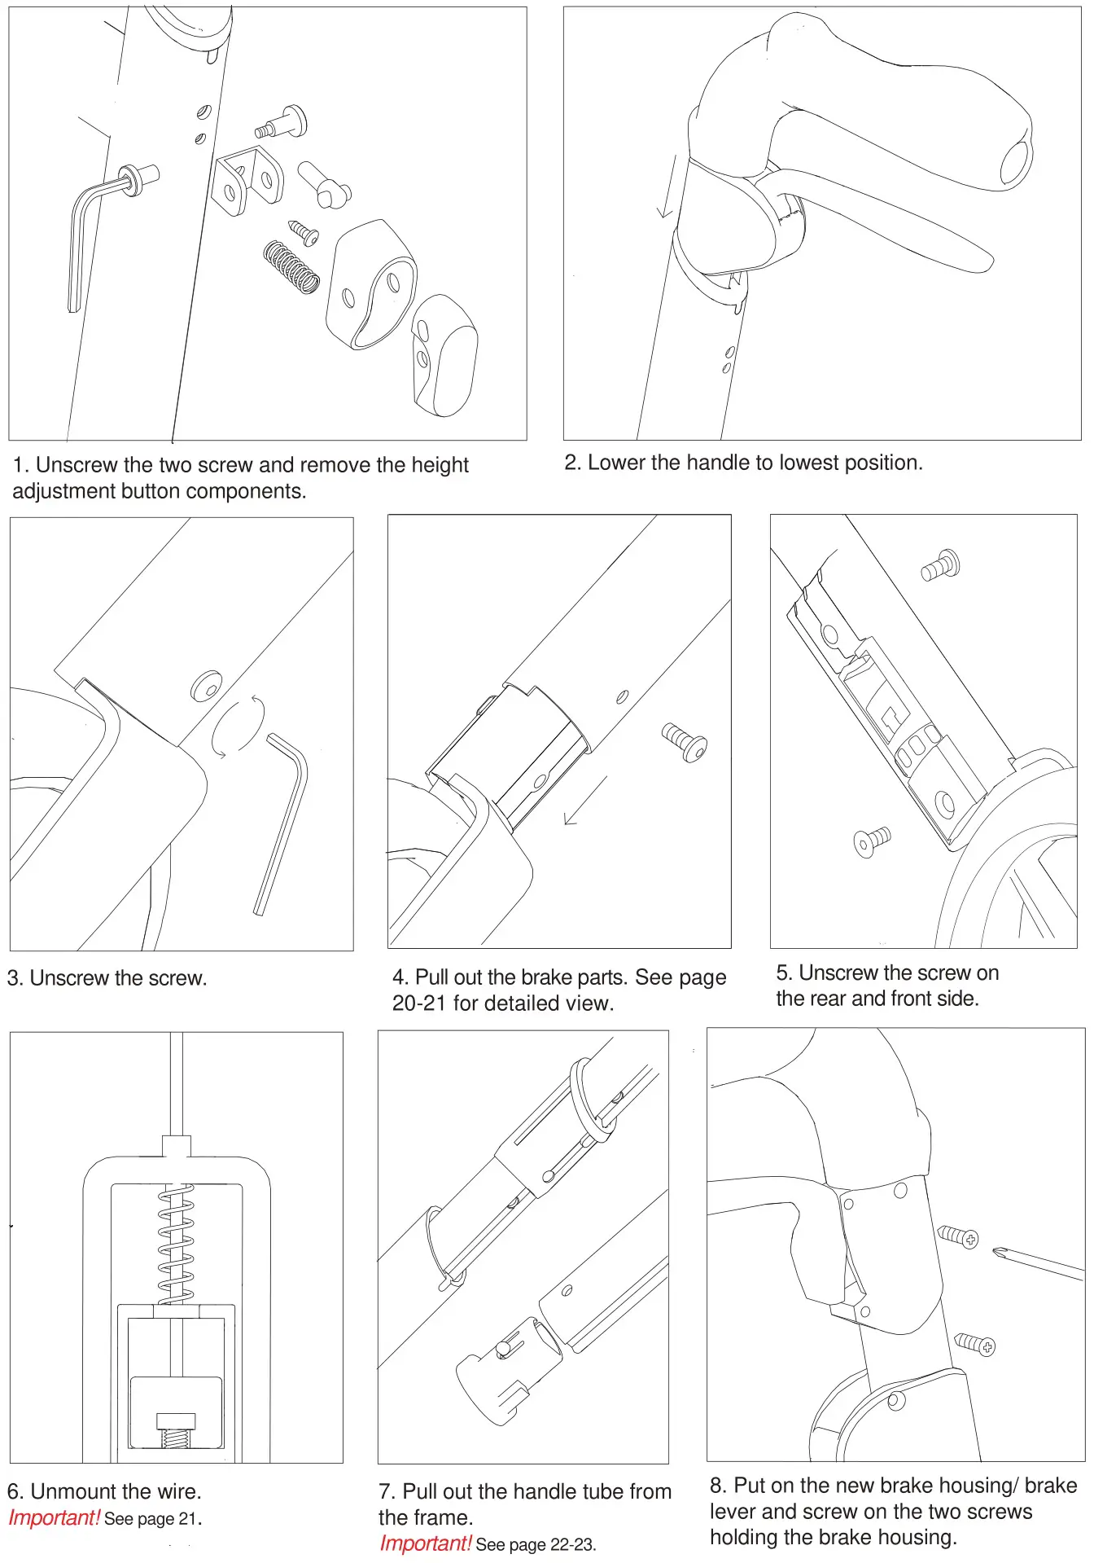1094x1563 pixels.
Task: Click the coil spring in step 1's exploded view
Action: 291,267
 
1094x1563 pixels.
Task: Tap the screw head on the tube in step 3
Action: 206,686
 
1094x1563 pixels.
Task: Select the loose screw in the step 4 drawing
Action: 685,741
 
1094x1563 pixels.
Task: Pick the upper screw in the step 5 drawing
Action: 941,565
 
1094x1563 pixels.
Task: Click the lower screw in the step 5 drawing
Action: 872,841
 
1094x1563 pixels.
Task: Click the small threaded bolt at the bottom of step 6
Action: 176,1430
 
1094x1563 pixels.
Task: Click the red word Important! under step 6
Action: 54,1518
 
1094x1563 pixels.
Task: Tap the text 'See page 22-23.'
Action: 536,1544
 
